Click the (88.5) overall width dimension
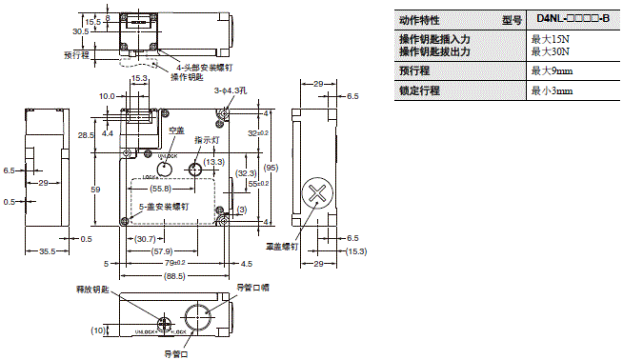tap(173, 276)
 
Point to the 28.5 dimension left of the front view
tap(86, 136)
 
